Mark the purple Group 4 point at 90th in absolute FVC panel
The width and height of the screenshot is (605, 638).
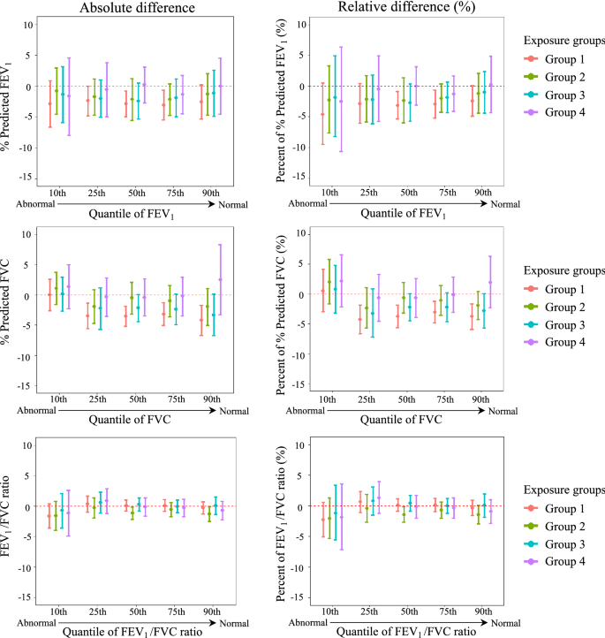tap(220, 279)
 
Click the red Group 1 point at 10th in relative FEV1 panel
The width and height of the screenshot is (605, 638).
tap(322, 115)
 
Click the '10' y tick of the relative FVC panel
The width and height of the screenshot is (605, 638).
tap(301, 233)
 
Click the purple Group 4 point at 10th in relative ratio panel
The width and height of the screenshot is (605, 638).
tap(342, 516)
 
